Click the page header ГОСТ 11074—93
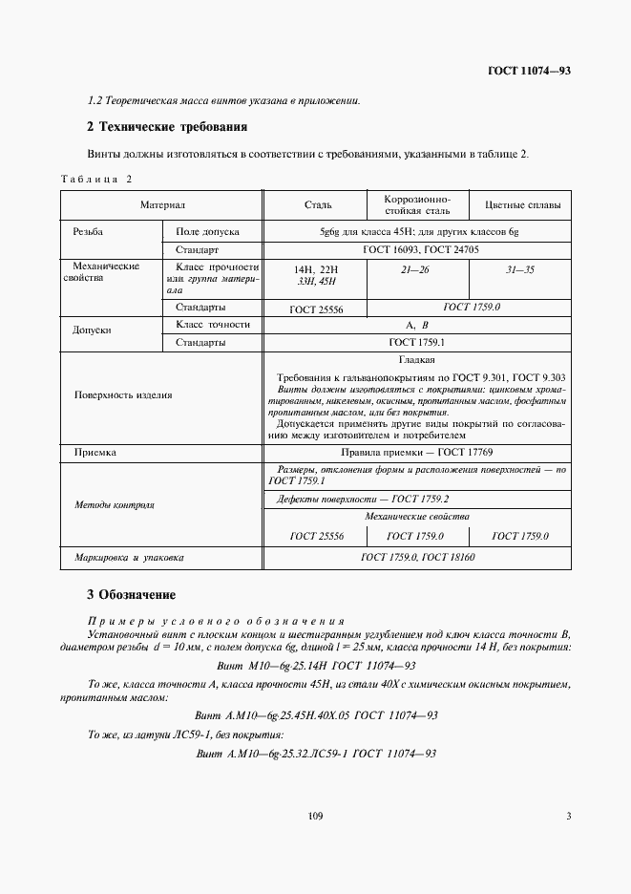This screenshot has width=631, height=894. (x=530, y=71)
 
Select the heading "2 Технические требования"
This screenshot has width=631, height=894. (x=167, y=127)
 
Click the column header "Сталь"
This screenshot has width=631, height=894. (x=317, y=205)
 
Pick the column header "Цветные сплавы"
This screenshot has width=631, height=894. (x=522, y=205)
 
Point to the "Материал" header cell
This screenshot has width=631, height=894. (x=162, y=205)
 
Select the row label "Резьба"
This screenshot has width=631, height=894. (x=88, y=232)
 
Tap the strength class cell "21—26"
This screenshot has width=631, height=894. (x=419, y=271)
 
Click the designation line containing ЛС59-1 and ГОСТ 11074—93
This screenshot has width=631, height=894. (x=315, y=754)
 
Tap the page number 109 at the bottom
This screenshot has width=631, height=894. (x=316, y=816)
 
